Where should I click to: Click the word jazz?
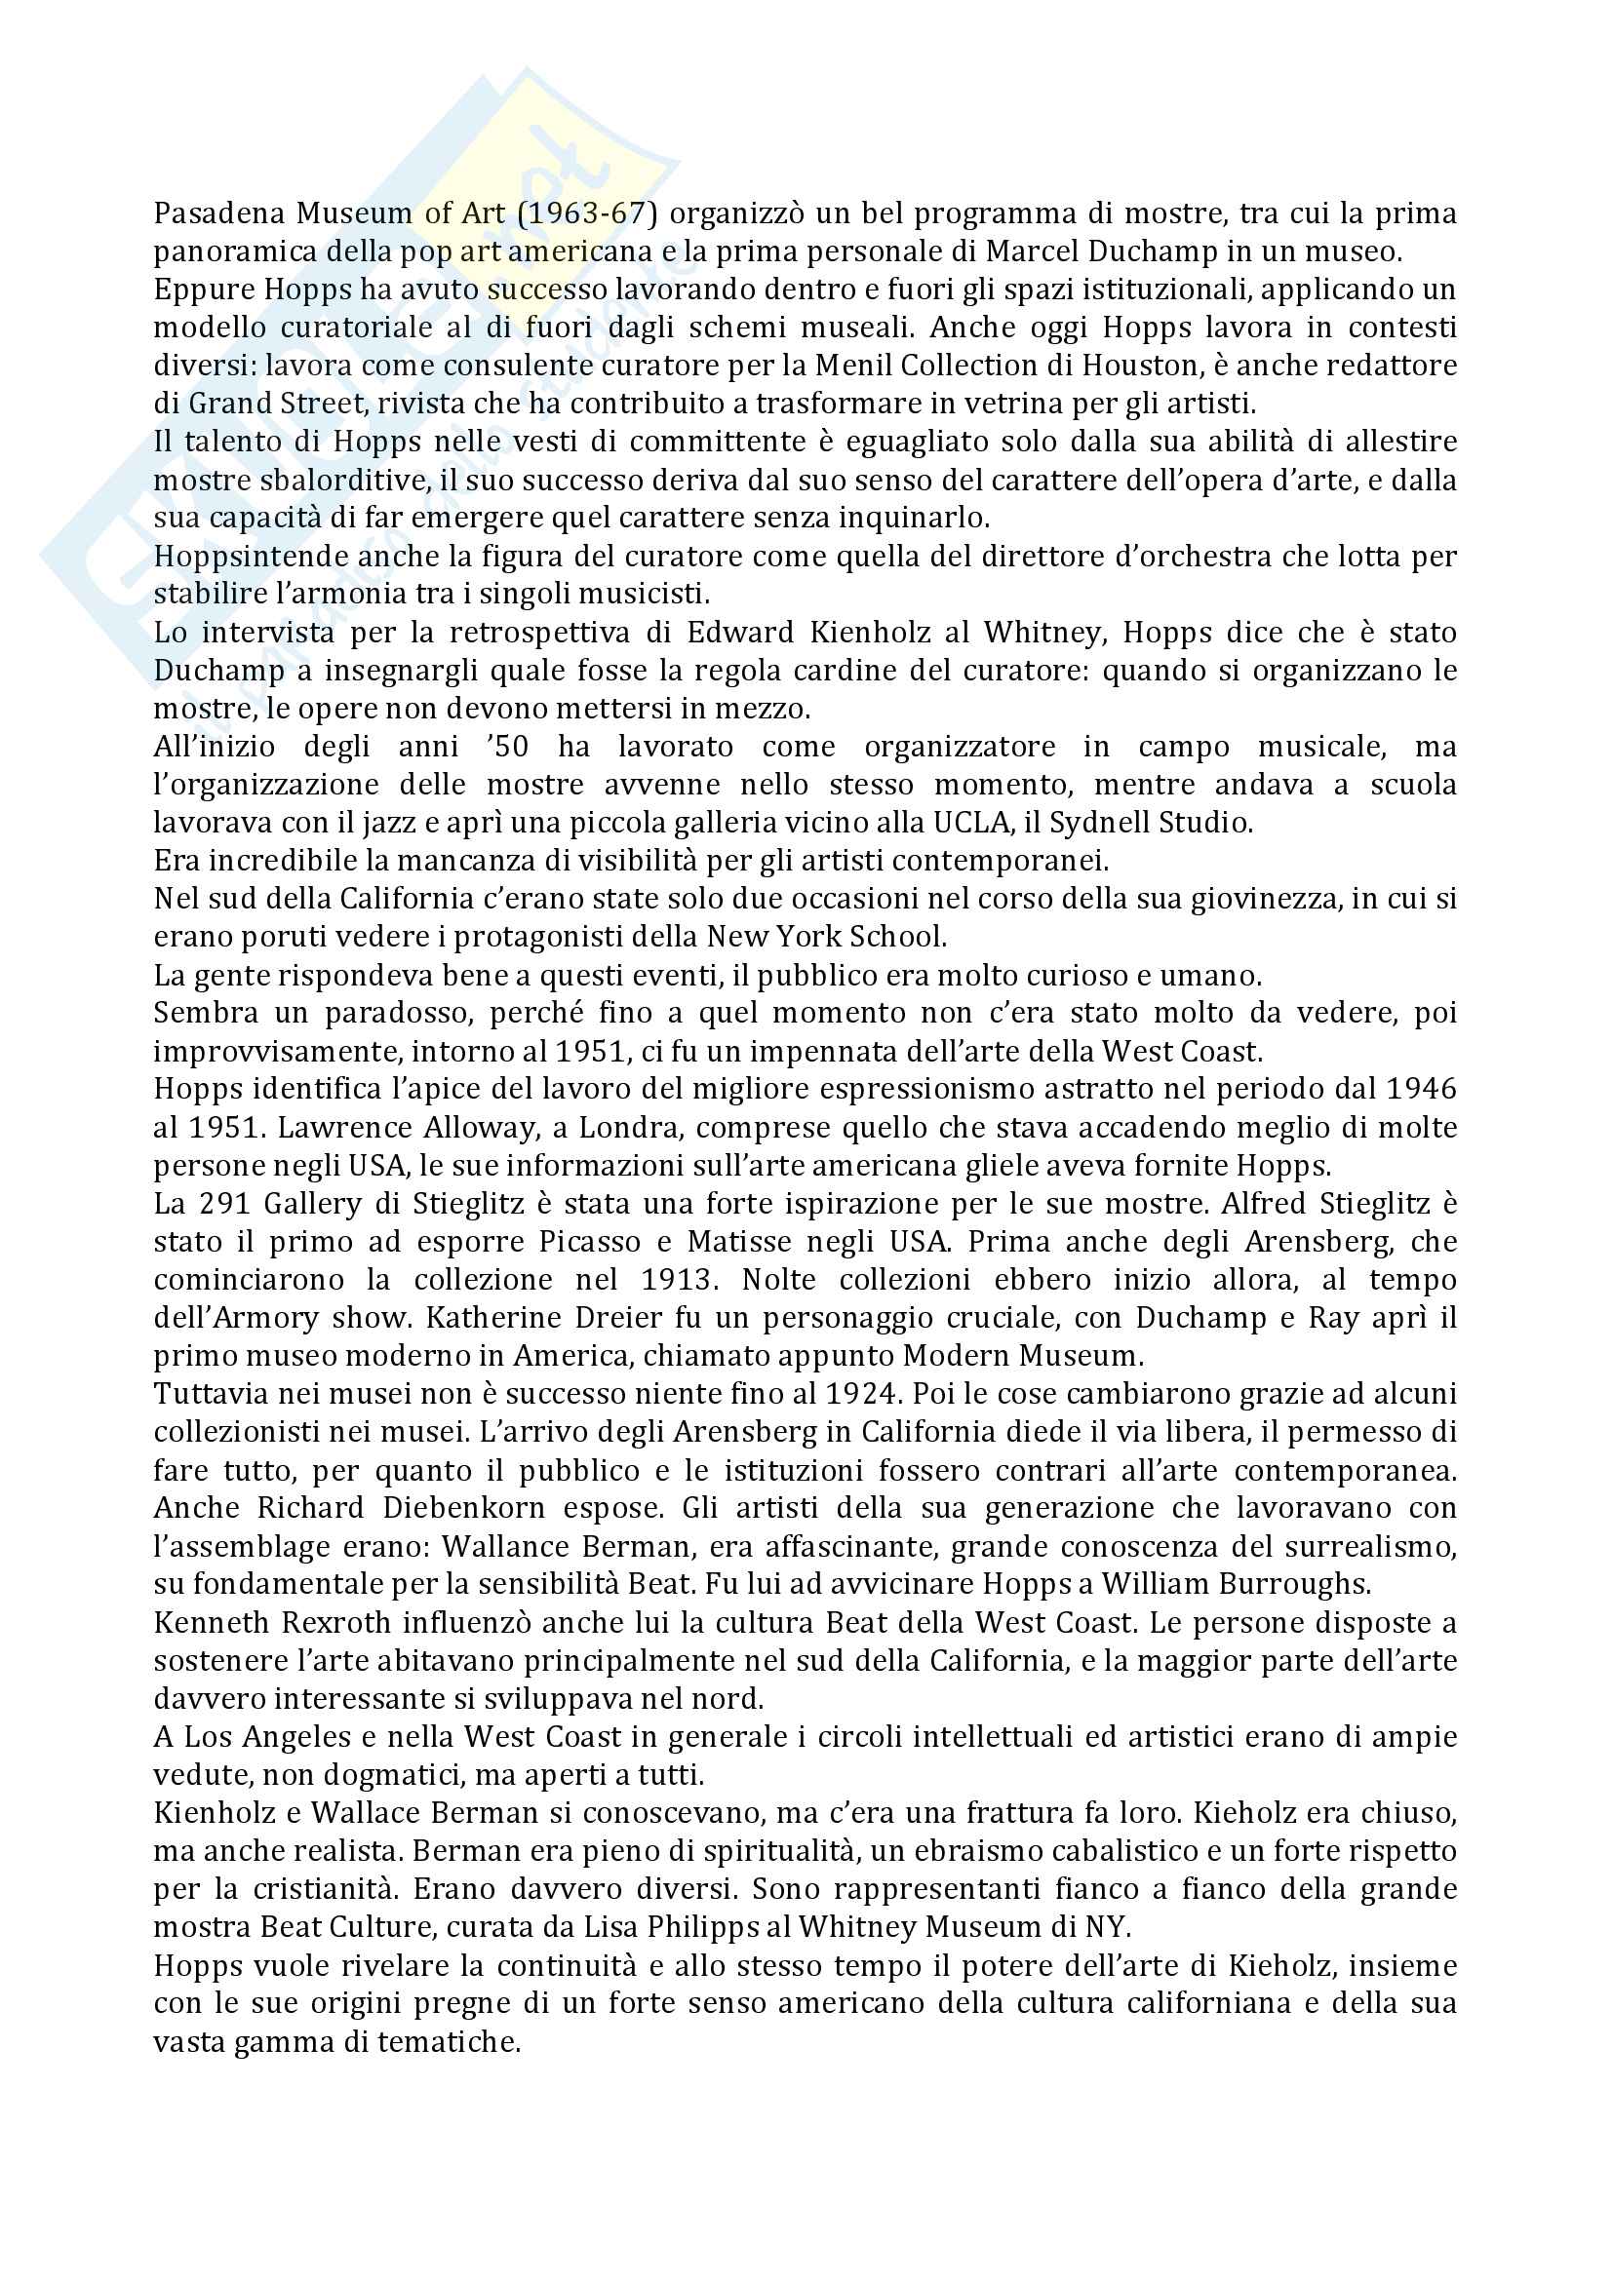pyautogui.click(x=464, y=823)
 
